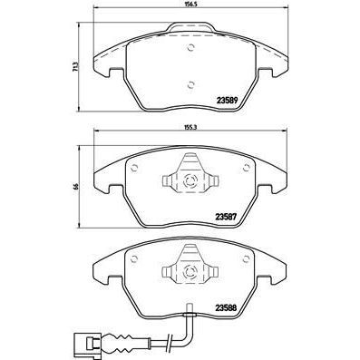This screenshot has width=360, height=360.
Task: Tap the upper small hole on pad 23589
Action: click(x=190, y=48)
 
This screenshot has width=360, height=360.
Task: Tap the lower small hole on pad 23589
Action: click(x=190, y=85)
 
